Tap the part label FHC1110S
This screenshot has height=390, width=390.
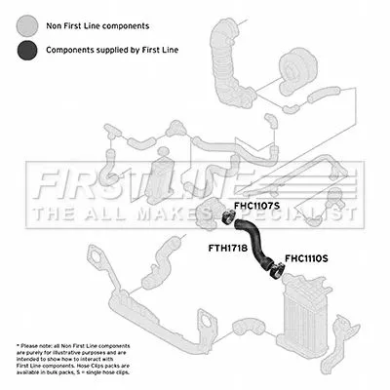coord(306,258)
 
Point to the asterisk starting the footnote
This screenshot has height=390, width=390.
coord(18,344)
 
